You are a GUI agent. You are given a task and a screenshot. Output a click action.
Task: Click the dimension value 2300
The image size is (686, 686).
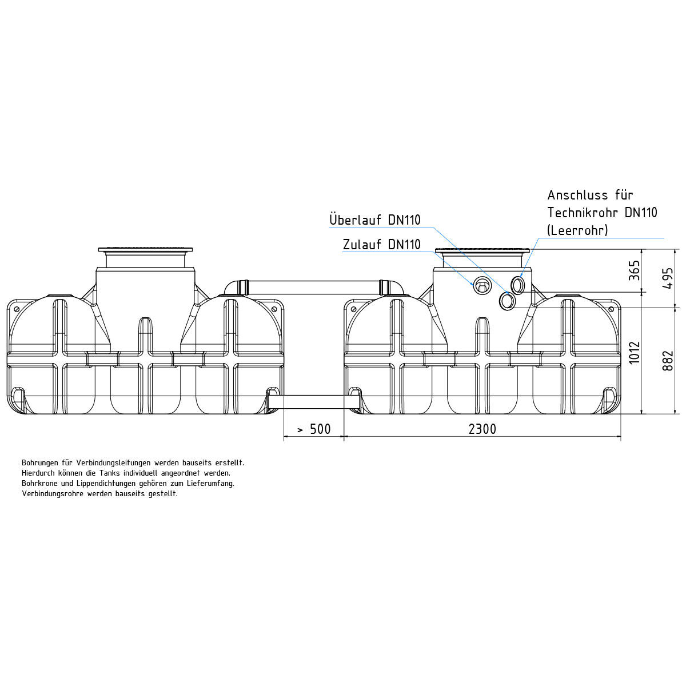pyautogui.click(x=482, y=429)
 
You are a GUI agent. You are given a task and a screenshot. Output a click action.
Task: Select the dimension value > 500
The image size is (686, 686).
pyautogui.click(x=314, y=429)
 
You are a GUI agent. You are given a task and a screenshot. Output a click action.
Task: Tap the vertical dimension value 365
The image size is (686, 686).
pyautogui.click(x=635, y=270)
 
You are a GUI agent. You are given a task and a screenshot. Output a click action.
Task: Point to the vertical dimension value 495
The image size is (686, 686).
pyautogui.click(x=668, y=278)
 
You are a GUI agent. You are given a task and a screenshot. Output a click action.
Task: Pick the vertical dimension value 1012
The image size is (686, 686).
pyautogui.click(x=635, y=353)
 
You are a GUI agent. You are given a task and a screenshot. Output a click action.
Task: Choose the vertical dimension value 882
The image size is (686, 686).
pyautogui.click(x=668, y=361)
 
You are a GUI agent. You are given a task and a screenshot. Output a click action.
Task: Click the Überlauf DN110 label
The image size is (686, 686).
pyautogui.click(x=375, y=220)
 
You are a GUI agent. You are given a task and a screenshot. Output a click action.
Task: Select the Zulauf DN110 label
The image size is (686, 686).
pyautogui.click(x=382, y=245)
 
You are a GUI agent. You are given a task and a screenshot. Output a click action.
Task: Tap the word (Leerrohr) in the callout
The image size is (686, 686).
pyautogui.click(x=577, y=230)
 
